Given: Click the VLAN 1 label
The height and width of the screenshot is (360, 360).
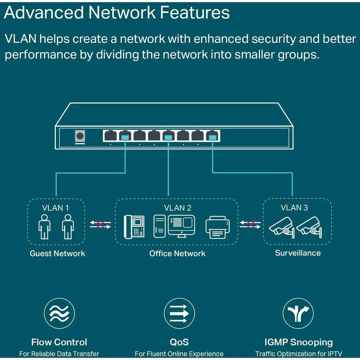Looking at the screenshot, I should click(56, 208).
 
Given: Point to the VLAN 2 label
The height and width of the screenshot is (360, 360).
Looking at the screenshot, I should click(178, 208).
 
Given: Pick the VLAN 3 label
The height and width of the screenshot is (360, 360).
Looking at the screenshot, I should click(294, 207).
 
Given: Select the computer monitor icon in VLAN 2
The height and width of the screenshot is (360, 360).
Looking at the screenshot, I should click(181, 225).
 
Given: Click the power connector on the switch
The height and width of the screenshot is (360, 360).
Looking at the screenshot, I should click(80, 136).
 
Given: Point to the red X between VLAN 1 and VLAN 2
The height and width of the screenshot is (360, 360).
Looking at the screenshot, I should click(100, 224).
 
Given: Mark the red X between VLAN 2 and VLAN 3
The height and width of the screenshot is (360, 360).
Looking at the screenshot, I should click(250, 224).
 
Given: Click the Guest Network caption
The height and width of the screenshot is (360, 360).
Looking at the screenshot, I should click(57, 254).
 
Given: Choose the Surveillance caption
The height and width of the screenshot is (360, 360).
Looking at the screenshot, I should click(298, 253).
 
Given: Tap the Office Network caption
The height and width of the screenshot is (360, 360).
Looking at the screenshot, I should click(177, 254).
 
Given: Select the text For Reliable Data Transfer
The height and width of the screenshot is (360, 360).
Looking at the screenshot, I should click(59, 354).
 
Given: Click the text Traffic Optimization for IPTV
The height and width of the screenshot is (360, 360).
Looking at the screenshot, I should click(299, 354).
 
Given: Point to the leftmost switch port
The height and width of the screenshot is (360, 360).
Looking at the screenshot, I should click(110, 136).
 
